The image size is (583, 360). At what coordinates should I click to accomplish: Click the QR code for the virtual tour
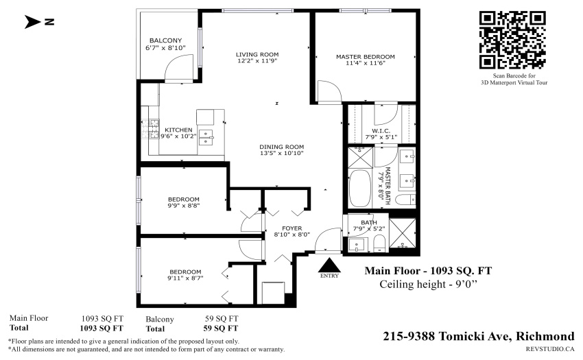tap(512, 40)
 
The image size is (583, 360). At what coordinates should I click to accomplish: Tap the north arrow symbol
tap(34, 21)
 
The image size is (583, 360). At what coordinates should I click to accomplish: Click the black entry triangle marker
tap(329, 265)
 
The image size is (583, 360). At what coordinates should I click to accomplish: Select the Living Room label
tap(257, 54)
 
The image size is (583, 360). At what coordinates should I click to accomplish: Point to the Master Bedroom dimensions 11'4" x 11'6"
tap(366, 63)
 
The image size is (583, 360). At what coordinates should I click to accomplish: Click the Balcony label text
tap(166, 40)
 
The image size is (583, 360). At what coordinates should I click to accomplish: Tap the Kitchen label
tap(178, 130)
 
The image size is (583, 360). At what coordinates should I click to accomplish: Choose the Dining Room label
tap(282, 147)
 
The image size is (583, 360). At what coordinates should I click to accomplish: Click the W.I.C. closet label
tap(381, 131)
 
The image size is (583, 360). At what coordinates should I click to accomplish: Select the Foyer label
tap(292, 228)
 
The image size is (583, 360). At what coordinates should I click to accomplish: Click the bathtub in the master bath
tap(360, 189)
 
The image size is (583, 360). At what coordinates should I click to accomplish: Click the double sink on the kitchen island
tap(206, 137)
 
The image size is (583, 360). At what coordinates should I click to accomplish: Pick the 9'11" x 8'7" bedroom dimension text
tap(186, 278)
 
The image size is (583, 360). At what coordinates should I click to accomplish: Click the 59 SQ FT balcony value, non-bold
tap(222, 319)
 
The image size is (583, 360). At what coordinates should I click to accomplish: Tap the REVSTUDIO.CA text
tap(550, 349)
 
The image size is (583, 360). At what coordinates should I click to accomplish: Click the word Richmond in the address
tap(545, 336)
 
